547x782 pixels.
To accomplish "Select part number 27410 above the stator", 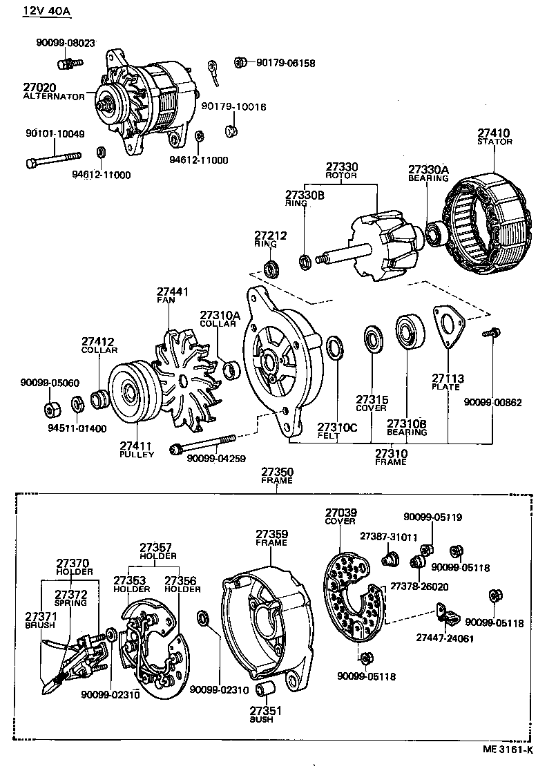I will tap(495, 133).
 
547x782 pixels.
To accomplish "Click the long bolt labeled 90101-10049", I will tap(52, 162).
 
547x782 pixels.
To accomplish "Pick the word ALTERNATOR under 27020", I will tap(53, 97).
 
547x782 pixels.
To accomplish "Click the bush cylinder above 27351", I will tap(265, 689).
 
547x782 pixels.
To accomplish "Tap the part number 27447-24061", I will tap(445, 638).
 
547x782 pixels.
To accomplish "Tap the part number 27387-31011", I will tap(388, 536).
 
